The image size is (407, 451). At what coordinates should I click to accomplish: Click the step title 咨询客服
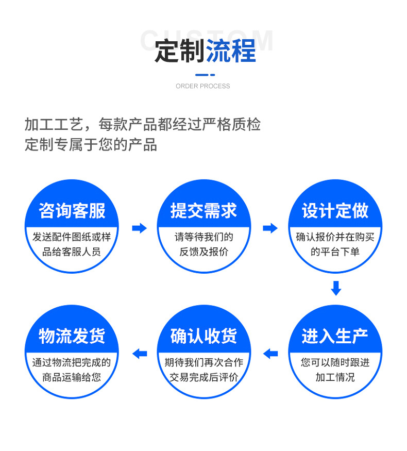pyautogui.click(x=72, y=211)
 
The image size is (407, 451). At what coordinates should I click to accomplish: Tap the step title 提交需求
pyautogui.click(x=203, y=211)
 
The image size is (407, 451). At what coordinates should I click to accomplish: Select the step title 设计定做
pyautogui.click(x=335, y=211)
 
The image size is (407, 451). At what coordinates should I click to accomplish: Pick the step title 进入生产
pyautogui.click(x=335, y=336)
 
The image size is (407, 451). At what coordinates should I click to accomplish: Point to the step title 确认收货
pyautogui.click(x=203, y=336)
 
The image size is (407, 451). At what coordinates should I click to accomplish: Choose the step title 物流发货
pyautogui.click(x=72, y=336)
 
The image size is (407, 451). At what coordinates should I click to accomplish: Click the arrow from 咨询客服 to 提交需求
pyautogui.click(x=139, y=228)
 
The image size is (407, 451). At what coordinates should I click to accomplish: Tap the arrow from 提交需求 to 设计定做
pyautogui.click(x=270, y=228)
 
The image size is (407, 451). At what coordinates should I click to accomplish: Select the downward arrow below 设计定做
pyautogui.click(x=336, y=288)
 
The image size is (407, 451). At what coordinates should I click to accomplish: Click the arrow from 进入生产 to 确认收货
pyautogui.click(x=270, y=354)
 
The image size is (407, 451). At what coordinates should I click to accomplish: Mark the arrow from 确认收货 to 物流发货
pyautogui.click(x=140, y=354)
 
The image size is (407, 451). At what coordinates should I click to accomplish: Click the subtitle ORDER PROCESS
pyautogui.click(x=203, y=86)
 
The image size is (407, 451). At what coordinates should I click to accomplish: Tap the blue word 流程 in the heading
pyautogui.click(x=231, y=52)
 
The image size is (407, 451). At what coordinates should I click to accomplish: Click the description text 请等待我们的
pyautogui.click(x=203, y=238)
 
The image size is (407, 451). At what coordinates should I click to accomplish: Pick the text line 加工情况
pyautogui.click(x=335, y=377)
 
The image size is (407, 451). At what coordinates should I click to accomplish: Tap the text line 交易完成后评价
pyautogui.click(x=203, y=377)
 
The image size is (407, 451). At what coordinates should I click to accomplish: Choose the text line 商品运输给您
pyautogui.click(x=72, y=377)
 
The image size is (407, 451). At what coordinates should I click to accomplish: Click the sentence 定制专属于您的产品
pyautogui.click(x=91, y=144)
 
